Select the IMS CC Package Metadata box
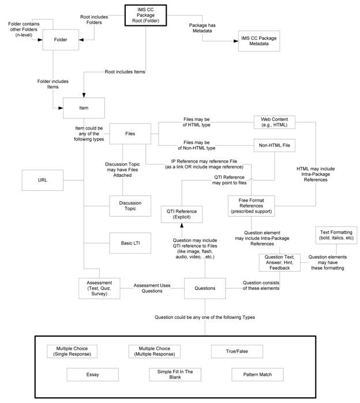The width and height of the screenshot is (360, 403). pos(255,42)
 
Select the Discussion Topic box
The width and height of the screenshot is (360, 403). pos(130,205)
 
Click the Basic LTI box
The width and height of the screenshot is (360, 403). pos(130,243)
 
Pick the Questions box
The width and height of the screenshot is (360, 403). pos(204,288)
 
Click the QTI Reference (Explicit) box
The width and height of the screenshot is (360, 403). pos(181,214)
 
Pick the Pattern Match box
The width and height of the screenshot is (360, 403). pos(259,375)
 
